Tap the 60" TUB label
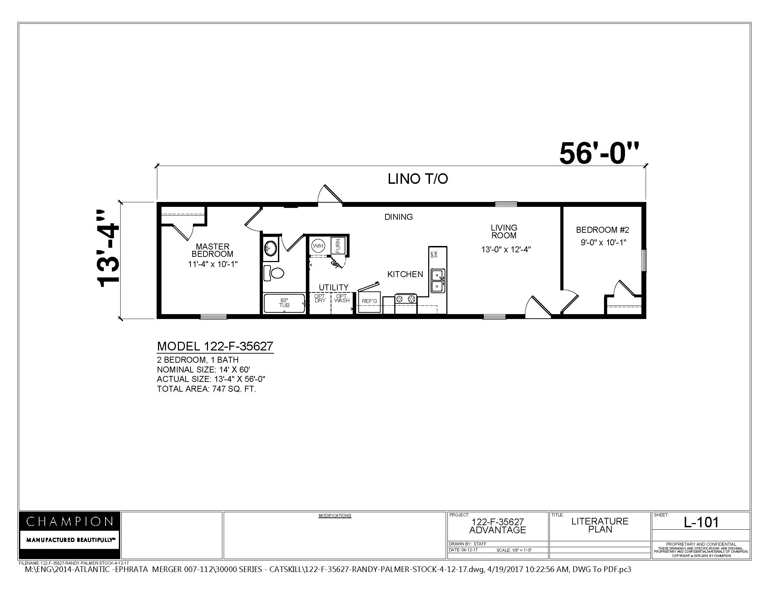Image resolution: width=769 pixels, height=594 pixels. pyautogui.click(x=284, y=303)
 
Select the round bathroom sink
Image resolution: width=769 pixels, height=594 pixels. pyautogui.click(x=271, y=248)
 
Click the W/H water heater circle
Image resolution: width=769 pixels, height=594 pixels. pyautogui.click(x=318, y=246)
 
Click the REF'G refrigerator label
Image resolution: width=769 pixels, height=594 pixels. pyautogui.click(x=369, y=301)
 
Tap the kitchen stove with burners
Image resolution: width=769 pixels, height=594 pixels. pyautogui.click(x=405, y=299)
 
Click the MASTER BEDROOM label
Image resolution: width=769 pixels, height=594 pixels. pyautogui.click(x=212, y=250)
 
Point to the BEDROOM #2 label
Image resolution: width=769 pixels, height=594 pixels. pyautogui.click(x=603, y=230)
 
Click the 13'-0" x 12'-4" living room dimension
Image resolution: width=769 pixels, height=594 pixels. pyautogui.click(x=506, y=249)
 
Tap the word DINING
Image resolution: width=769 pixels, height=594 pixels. pyautogui.click(x=398, y=217)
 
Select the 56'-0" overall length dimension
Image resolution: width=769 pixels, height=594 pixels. pyautogui.click(x=598, y=154)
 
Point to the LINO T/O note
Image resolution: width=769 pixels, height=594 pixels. pyautogui.click(x=418, y=179)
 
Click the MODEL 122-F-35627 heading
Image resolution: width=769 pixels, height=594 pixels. pyautogui.click(x=215, y=346)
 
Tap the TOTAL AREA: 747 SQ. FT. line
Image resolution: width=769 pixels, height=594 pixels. pyautogui.click(x=206, y=389)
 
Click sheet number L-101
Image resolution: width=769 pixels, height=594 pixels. pyautogui.click(x=701, y=522)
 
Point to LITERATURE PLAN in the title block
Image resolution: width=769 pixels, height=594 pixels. pyautogui.click(x=599, y=525)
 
